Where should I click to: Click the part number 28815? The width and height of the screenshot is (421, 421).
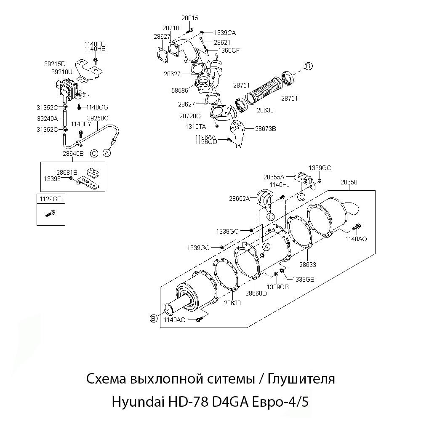click(190, 18)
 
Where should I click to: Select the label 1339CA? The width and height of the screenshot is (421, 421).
click(225, 32)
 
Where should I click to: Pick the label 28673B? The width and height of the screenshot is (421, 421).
click(265, 129)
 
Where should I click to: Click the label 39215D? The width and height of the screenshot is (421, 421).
click(55, 64)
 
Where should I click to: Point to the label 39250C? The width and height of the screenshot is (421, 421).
click(98, 118)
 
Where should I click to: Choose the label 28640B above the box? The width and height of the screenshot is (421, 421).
click(73, 154)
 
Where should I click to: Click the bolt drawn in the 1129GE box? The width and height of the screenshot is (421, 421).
click(50, 214)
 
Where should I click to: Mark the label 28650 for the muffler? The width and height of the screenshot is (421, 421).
click(349, 182)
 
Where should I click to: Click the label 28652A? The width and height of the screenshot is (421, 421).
click(240, 198)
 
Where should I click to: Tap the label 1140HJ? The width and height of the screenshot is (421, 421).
click(280, 184)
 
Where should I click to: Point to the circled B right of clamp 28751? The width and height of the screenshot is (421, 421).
click(308, 66)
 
